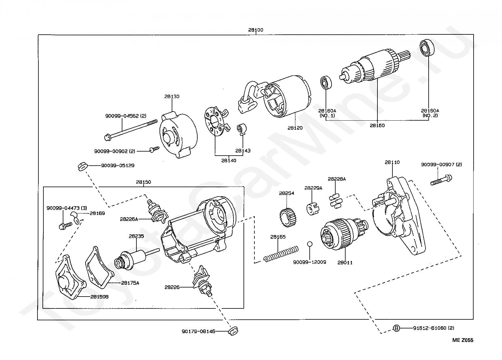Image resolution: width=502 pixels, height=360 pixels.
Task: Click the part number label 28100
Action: pyautogui.click(x=256, y=30)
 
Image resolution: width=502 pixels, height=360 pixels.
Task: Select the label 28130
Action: pyautogui.click(x=172, y=97)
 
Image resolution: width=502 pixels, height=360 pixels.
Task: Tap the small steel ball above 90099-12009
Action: pyautogui.click(x=309, y=244)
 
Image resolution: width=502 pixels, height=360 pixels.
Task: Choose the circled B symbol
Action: pyautogui.click(x=396, y=328)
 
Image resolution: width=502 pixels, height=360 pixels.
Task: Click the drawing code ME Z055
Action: pyautogui.click(x=463, y=340)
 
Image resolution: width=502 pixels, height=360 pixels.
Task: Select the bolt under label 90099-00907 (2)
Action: pyautogui.click(x=441, y=180)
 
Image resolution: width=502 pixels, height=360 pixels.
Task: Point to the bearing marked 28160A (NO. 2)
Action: pyautogui.click(x=426, y=48)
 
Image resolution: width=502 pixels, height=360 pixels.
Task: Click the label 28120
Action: pyautogui.click(x=295, y=128)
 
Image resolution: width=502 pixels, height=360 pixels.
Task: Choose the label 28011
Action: pyautogui.click(x=345, y=262)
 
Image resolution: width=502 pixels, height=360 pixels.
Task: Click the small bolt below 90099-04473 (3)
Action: pyautogui.click(x=64, y=225)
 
